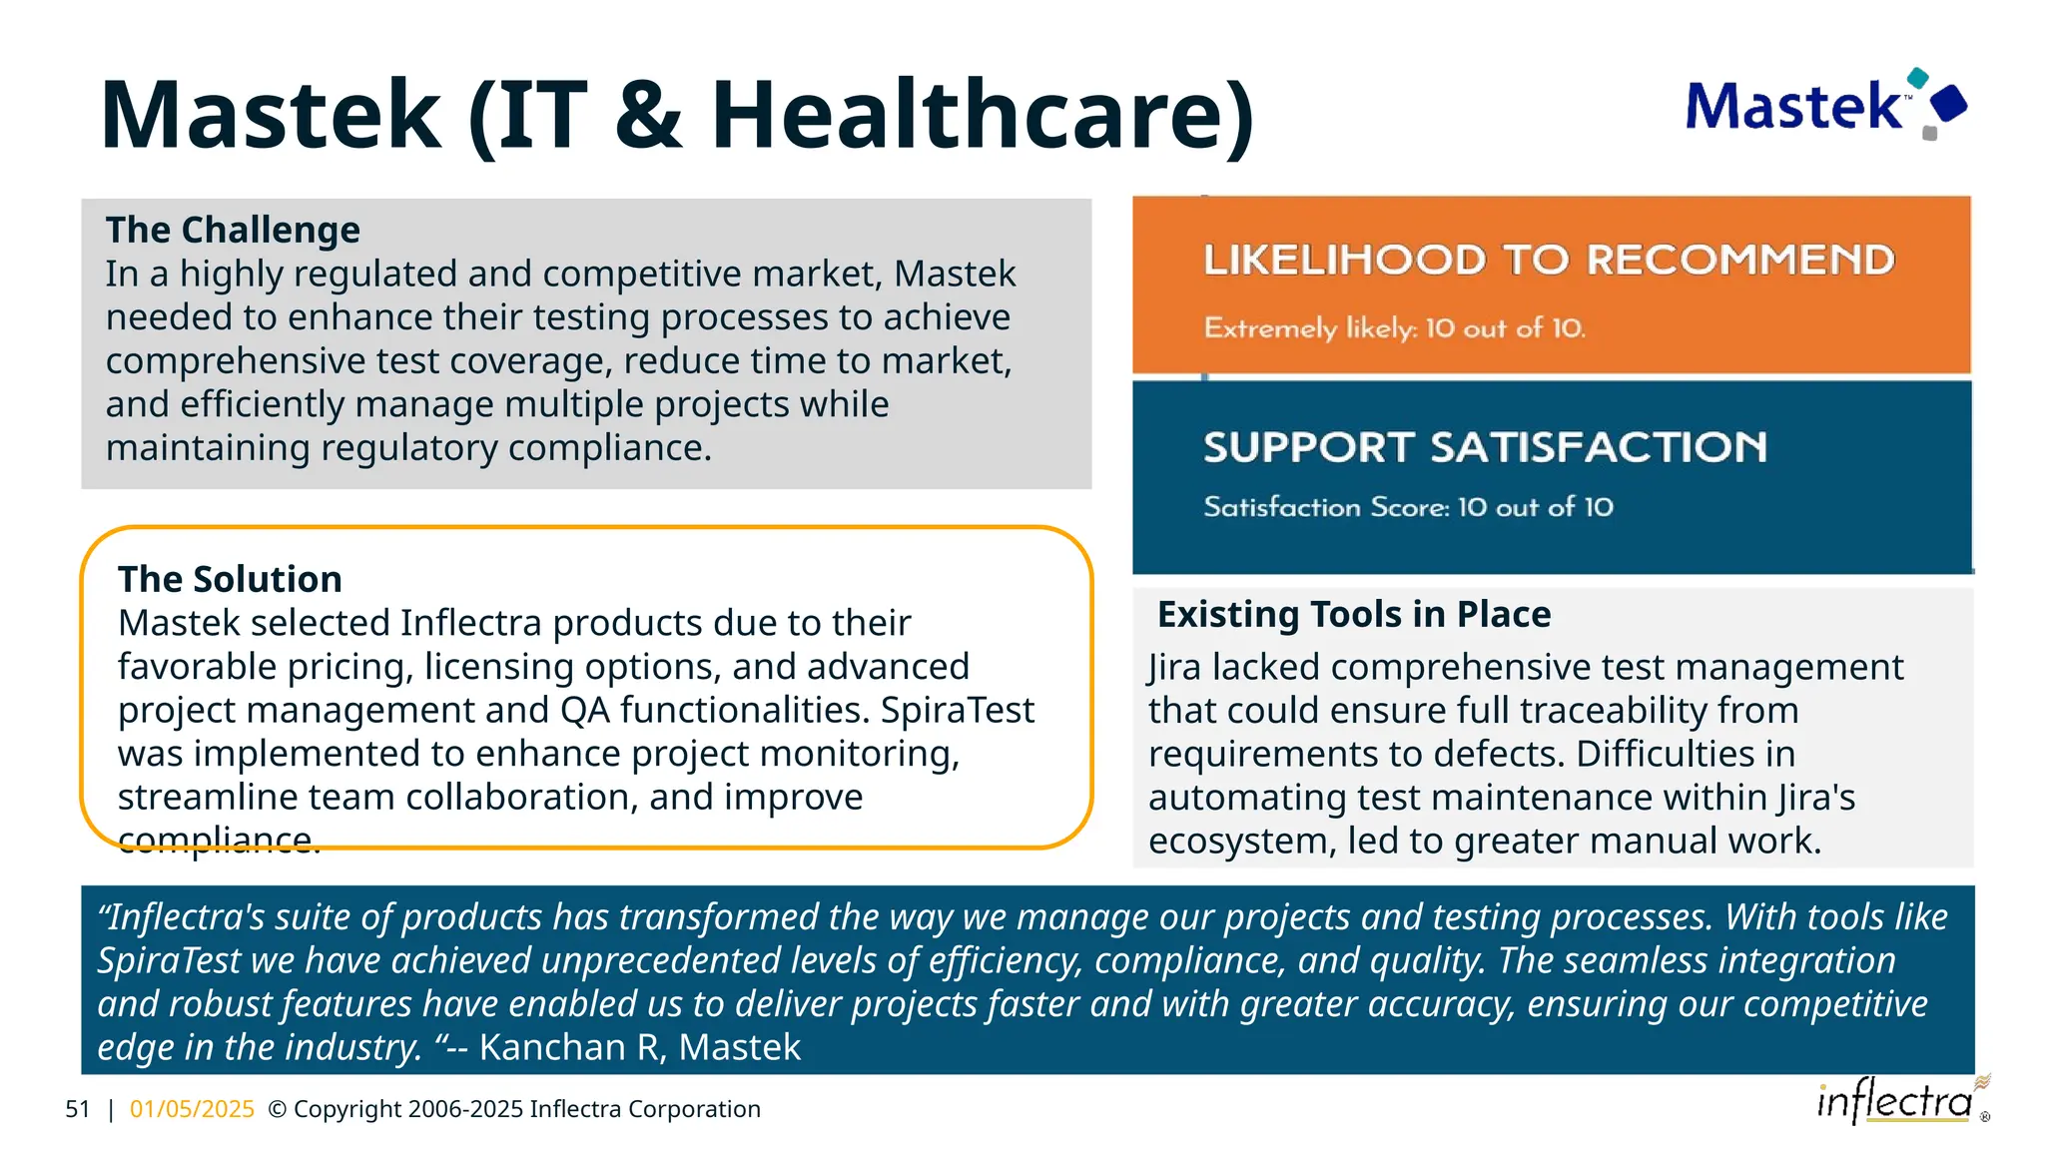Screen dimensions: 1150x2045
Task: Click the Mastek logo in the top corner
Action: click(x=1824, y=105)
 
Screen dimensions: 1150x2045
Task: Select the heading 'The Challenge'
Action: click(x=233, y=230)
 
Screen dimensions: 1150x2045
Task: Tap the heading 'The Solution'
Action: click(x=230, y=579)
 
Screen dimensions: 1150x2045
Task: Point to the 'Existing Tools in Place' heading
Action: click(x=1353, y=614)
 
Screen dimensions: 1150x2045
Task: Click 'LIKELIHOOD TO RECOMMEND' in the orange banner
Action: click(x=1548, y=260)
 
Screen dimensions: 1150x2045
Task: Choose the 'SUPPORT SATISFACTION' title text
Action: click(x=1485, y=447)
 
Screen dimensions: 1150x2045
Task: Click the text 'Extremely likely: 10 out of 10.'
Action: click(x=1394, y=327)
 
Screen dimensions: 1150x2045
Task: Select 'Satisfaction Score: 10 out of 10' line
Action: click(x=1408, y=507)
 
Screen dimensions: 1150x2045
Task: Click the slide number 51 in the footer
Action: click(x=77, y=1109)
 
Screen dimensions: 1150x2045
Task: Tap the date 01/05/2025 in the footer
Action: click(x=192, y=1109)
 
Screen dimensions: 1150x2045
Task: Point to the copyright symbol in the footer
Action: click(x=278, y=1109)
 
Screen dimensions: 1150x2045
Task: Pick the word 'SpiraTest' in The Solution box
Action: click(x=957, y=710)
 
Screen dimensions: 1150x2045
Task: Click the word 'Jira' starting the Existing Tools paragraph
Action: click(x=1174, y=667)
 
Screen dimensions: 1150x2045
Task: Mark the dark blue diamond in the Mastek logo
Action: click(x=1948, y=103)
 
